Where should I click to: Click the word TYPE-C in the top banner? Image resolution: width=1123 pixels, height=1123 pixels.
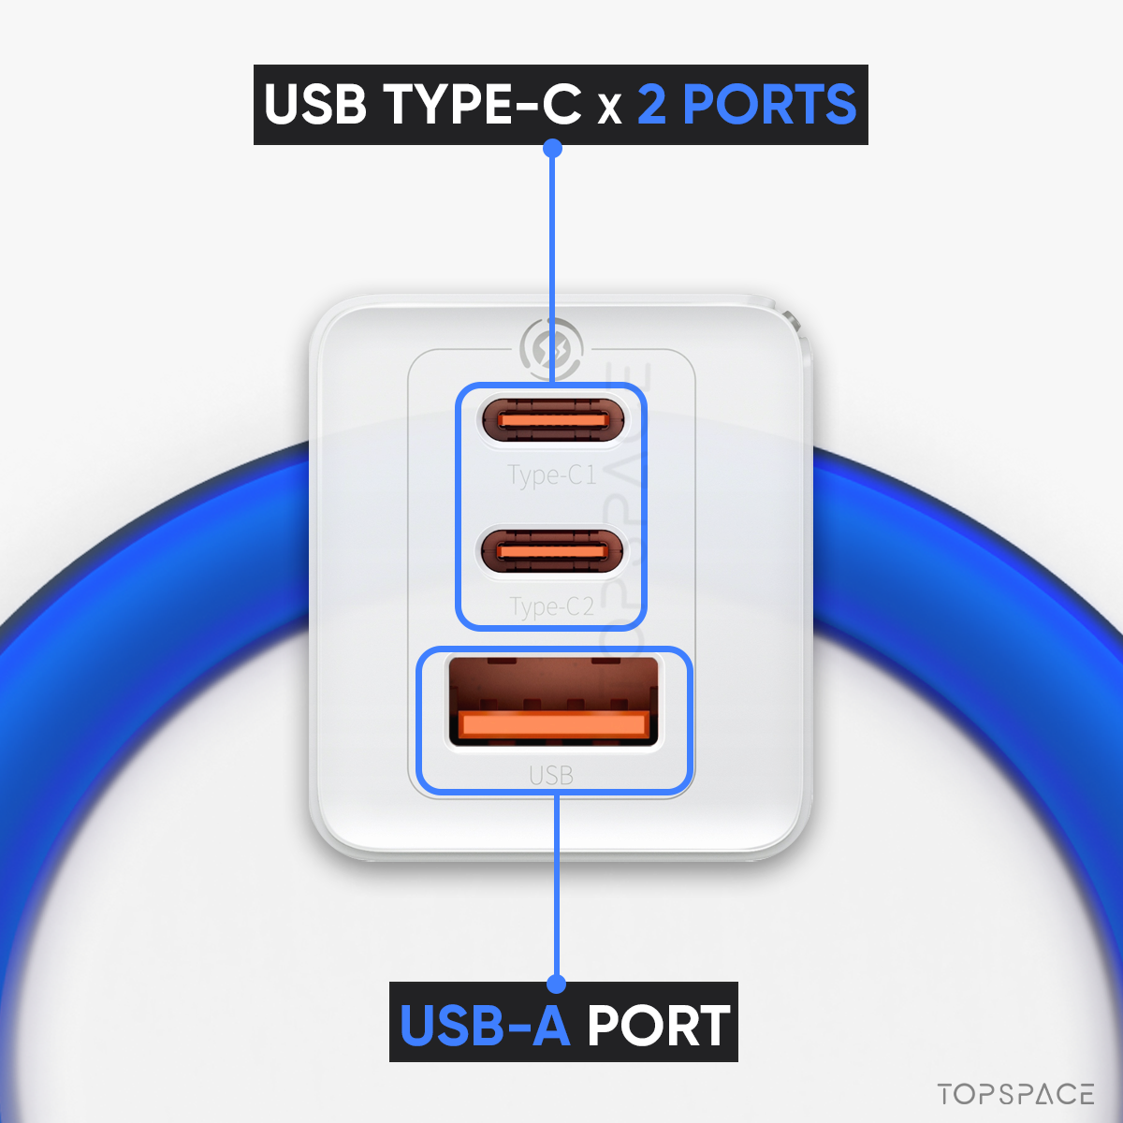(482, 104)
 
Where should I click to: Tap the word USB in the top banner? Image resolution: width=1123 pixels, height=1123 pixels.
(315, 104)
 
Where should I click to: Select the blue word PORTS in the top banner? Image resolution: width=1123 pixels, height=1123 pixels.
(768, 104)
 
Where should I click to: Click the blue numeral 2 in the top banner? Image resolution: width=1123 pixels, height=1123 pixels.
(651, 104)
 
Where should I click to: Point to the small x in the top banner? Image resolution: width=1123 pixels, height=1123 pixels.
(609, 109)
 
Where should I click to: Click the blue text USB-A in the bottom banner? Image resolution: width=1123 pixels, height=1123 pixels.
(485, 1025)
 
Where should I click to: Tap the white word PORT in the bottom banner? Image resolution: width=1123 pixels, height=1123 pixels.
(658, 1025)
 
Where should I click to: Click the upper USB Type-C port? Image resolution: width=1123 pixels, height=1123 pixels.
(552, 419)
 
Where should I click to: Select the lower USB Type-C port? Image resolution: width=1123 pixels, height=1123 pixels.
(551, 550)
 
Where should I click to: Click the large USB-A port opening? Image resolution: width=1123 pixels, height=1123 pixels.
(553, 701)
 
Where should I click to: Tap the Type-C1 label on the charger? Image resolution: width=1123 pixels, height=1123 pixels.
(551, 475)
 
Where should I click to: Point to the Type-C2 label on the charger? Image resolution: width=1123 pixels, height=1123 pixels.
(551, 606)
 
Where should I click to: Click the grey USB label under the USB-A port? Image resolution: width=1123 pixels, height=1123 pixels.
(551, 775)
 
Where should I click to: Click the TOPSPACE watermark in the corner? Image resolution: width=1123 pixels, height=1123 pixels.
(1015, 1094)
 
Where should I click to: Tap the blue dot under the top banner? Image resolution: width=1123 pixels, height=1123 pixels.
(552, 149)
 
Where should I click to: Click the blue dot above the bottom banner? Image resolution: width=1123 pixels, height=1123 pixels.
(557, 984)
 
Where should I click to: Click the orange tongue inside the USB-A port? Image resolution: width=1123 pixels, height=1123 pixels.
(554, 724)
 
